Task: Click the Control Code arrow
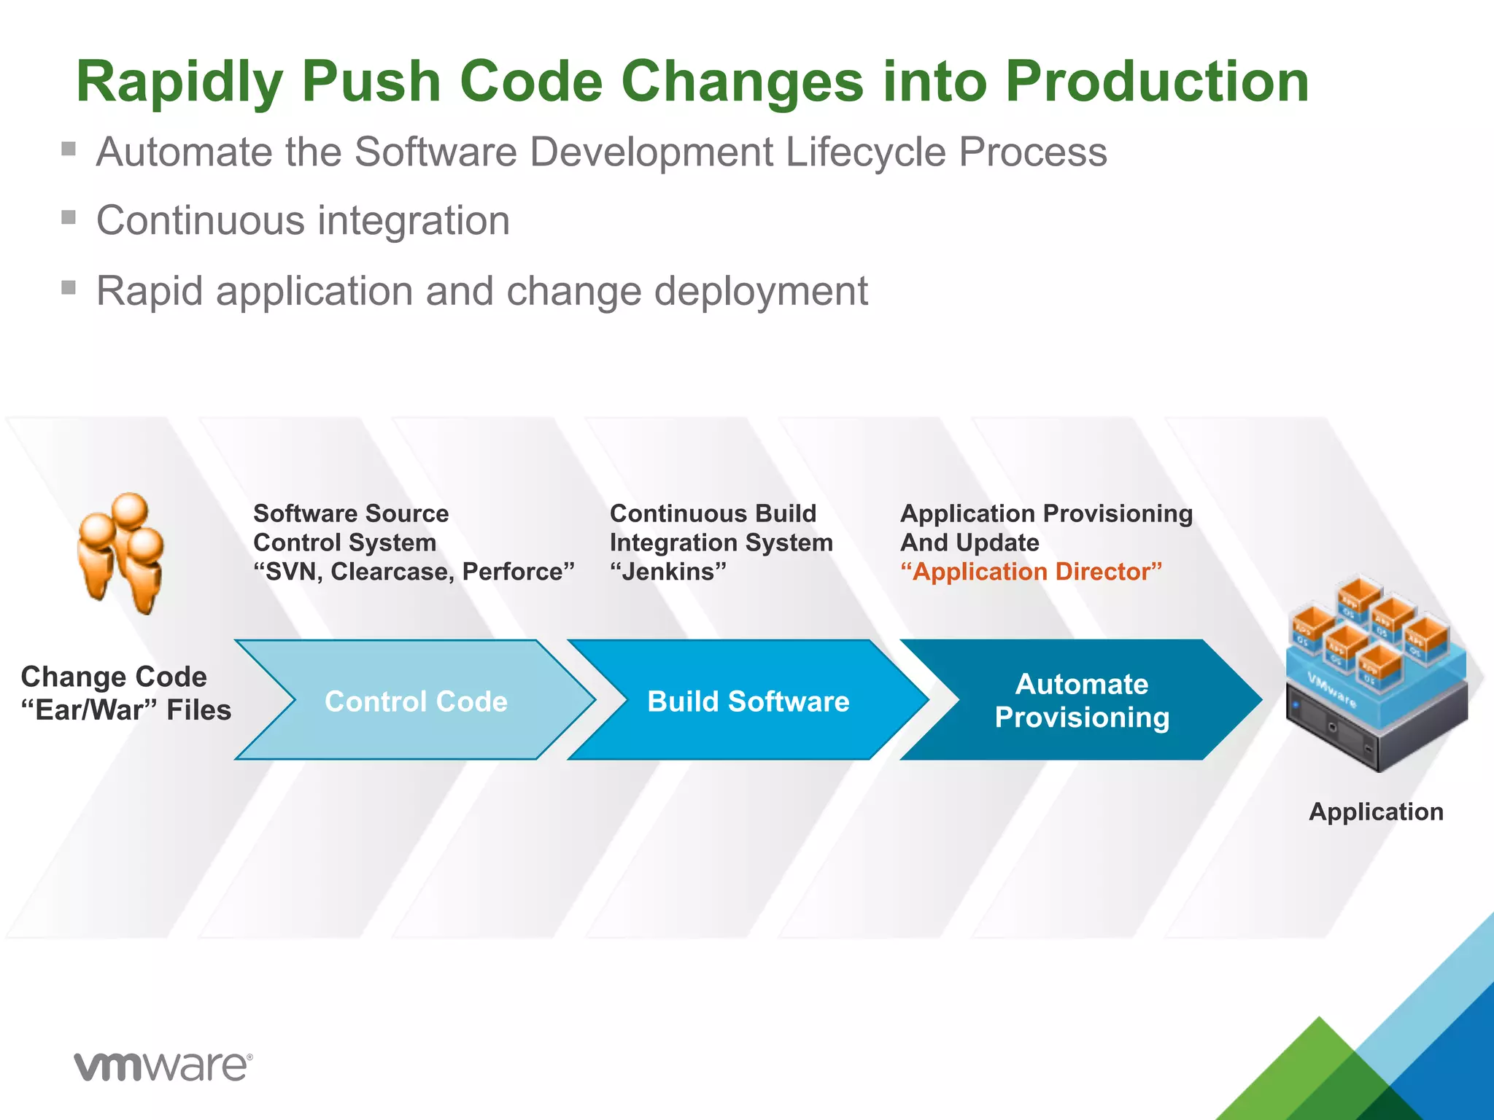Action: pos(416,701)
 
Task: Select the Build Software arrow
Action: pos(748,701)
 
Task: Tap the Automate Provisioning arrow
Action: pos(1081,701)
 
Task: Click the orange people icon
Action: pos(122,553)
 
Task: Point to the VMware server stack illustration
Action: pos(1377,674)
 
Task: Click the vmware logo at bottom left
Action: pos(163,1066)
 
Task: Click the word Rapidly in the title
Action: pos(179,82)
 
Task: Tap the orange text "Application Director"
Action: pos(1031,572)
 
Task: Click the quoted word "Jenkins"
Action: pos(668,572)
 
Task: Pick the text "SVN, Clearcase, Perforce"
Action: pos(414,572)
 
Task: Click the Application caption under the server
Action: pos(1376,812)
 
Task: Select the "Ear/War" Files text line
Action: pos(126,710)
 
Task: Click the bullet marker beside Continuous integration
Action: pos(69,217)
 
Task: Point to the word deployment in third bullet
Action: pos(761,292)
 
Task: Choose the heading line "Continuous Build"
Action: pos(713,513)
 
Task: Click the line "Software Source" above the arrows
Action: pos(351,513)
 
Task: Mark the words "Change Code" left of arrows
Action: pos(114,677)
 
